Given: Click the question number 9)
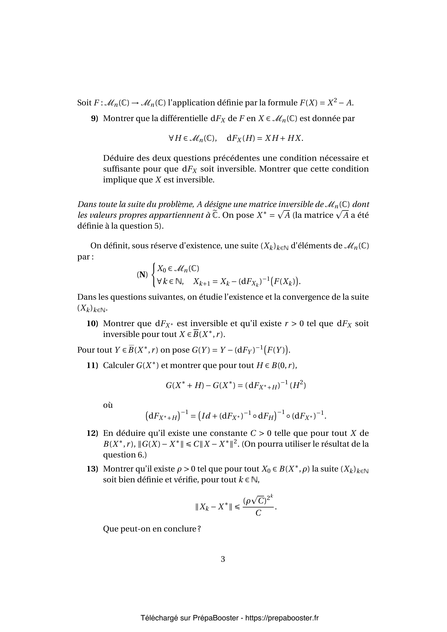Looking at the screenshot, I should coord(94,119).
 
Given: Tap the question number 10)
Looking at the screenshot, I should coord(92,323).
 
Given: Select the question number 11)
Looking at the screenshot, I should coord(92,366).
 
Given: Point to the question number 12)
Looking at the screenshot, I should coord(92,433).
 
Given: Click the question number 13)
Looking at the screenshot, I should coord(92,469).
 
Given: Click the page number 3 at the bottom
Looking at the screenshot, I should coord(223,559).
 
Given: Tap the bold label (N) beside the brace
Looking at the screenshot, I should coord(142,275).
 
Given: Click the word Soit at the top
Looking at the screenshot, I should coord(84,103).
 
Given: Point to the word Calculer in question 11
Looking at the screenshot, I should coord(118,366).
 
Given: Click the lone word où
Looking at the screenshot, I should coord(108,405).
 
